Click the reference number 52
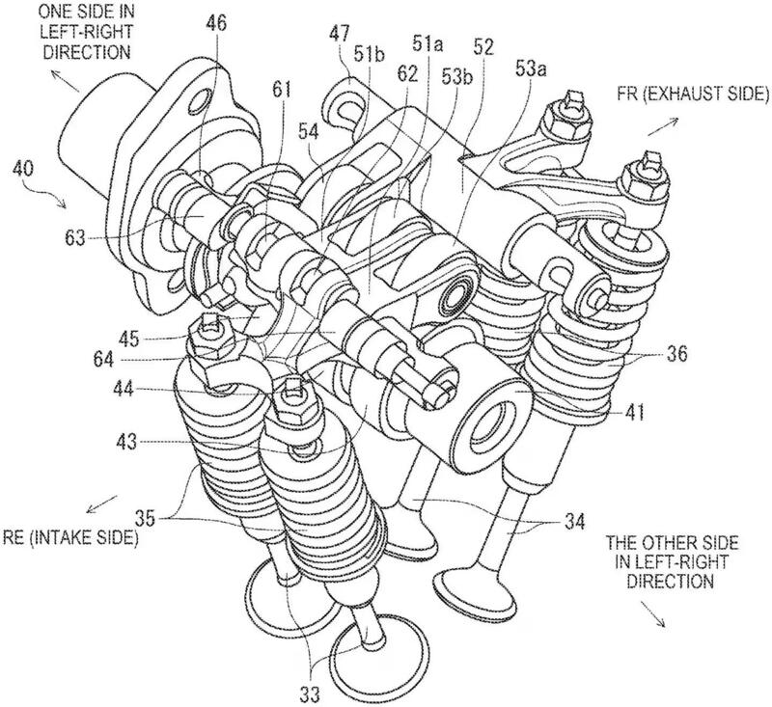pyautogui.click(x=482, y=45)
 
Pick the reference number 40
pyautogui.click(x=25, y=169)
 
